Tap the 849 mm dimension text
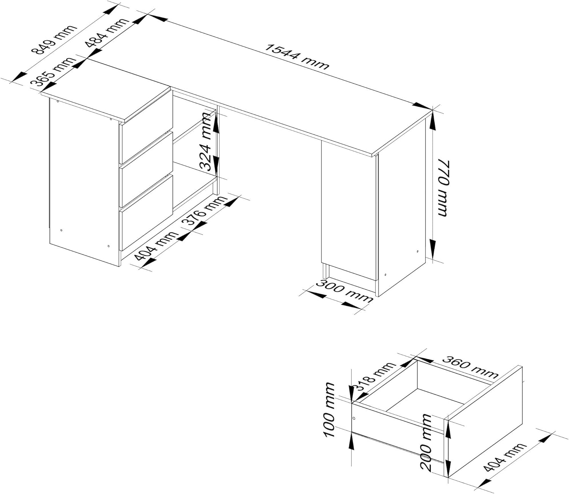54,39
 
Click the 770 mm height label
443,188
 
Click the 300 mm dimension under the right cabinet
344,291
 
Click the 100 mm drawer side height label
329,410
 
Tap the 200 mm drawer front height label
427,442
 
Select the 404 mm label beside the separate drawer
505,457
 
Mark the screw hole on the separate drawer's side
354,418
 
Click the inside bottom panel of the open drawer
425,401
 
